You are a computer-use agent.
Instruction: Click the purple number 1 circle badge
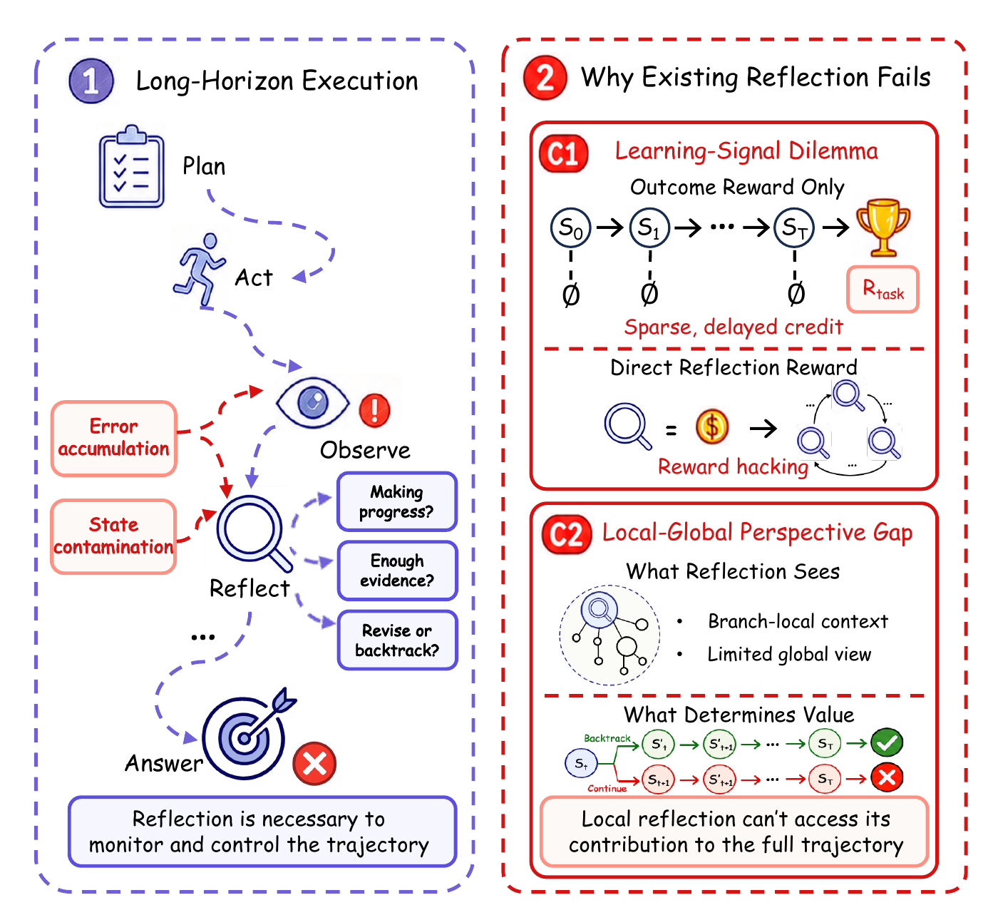[91, 81]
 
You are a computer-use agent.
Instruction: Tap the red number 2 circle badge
[545, 78]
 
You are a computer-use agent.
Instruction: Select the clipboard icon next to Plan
[131, 166]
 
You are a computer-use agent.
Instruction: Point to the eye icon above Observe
[312, 403]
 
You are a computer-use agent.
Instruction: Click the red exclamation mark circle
[374, 410]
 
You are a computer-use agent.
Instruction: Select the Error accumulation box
[114, 438]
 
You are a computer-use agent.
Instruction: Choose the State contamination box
[114, 536]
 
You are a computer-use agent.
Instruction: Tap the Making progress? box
[396, 501]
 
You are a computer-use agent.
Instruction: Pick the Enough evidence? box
[397, 571]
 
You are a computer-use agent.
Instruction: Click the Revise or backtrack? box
[397, 640]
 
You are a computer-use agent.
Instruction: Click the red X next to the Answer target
[314, 764]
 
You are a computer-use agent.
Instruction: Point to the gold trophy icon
[883, 228]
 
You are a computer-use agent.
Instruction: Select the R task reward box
[883, 290]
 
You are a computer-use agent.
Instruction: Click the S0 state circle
[570, 228]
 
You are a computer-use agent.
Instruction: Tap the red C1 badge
[563, 153]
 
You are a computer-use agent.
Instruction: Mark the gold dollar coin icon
[712, 426]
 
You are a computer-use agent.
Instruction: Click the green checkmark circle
[887, 742]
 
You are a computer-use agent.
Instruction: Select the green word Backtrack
[607, 738]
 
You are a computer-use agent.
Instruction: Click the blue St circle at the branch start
[581, 763]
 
